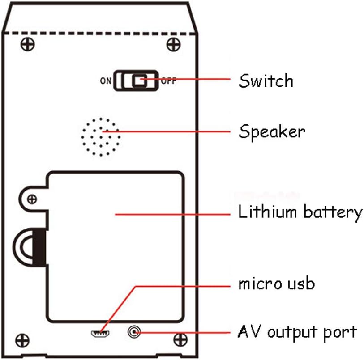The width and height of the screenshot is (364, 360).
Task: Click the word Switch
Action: click(266, 81)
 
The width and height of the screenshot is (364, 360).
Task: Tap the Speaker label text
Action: click(271, 132)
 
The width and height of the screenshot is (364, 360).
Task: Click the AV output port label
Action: click(297, 332)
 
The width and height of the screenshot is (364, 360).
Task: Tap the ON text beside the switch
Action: click(105, 81)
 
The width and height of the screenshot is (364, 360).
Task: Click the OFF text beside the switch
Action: click(168, 81)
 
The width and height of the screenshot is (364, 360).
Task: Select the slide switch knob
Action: click(139, 81)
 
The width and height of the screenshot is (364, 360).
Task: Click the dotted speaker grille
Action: click(101, 137)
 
